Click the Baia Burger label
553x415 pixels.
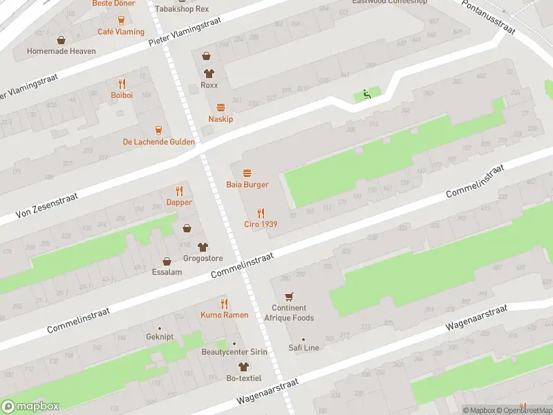pos(247,185)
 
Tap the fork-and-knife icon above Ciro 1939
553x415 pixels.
pos(261,212)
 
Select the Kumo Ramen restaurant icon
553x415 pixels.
pos(224,304)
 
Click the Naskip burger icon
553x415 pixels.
pos(221,107)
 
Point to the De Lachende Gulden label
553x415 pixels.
pos(158,142)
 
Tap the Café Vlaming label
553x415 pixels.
pos(121,32)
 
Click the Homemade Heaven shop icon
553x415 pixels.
pos(62,39)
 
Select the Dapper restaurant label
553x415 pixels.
pos(179,203)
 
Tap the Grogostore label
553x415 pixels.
pos(203,259)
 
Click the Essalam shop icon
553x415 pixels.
pos(167,261)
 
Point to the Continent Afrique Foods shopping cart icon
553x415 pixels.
pos(289,296)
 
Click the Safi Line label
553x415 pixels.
pos(303,348)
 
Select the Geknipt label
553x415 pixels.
pos(160,338)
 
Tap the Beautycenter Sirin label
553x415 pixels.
pos(234,352)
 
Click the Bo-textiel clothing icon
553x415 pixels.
pos(243,367)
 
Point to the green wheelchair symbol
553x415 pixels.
pos(367,94)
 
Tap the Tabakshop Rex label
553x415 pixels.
pos(182,9)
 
